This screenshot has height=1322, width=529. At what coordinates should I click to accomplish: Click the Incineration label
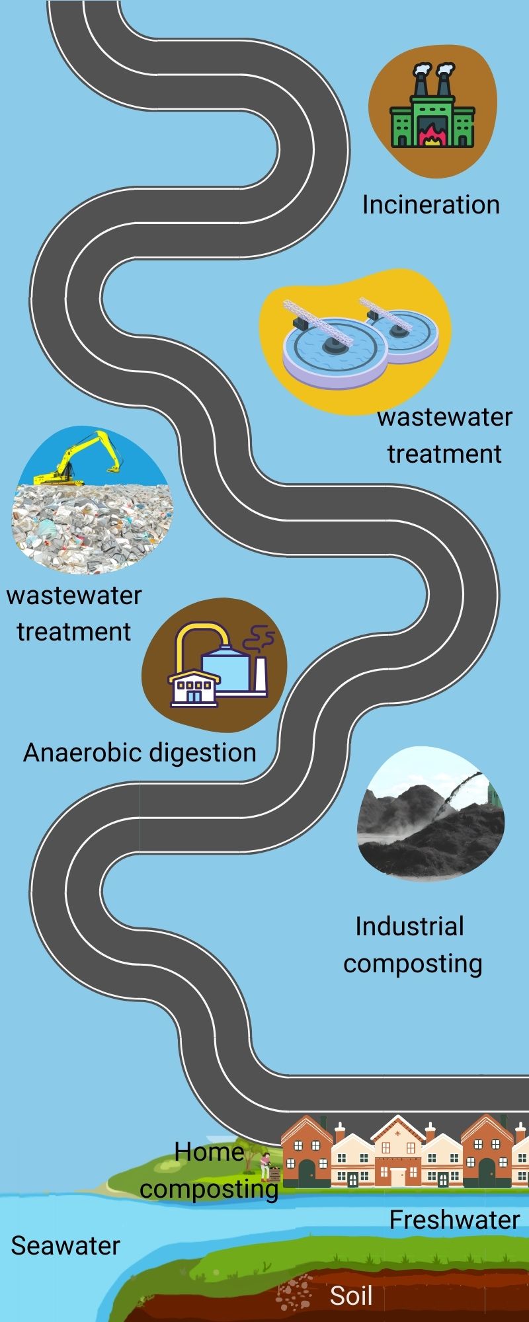pyautogui.click(x=430, y=205)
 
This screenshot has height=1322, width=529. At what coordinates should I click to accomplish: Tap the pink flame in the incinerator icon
pyautogui.click(x=431, y=137)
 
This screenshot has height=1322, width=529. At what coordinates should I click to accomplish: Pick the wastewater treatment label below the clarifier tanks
pyautogui.click(x=444, y=436)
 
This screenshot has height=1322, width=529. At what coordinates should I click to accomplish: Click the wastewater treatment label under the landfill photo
pyautogui.click(x=74, y=613)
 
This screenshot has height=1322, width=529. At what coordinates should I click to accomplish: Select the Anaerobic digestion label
pyautogui.click(x=140, y=753)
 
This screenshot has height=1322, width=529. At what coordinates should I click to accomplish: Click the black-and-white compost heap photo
pyautogui.click(x=430, y=814)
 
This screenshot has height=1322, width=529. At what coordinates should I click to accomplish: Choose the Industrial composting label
pyautogui.click(x=413, y=945)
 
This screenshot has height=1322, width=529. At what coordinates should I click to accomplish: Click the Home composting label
pyautogui.click(x=209, y=1171)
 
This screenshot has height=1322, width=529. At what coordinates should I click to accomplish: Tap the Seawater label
pyautogui.click(x=65, y=1246)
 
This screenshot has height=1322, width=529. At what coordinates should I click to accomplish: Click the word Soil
pyautogui.click(x=351, y=1296)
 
